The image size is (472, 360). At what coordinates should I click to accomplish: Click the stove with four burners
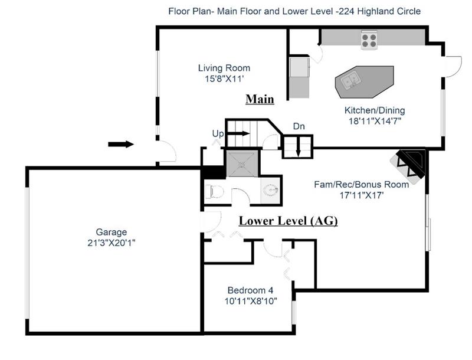pyautogui.click(x=369, y=40)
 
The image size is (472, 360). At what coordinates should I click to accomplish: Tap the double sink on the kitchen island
pyautogui.click(x=351, y=80)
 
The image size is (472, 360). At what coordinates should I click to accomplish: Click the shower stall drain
pyautogui.click(x=242, y=164)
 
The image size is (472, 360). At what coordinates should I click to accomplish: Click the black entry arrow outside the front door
pyautogui.click(x=121, y=144)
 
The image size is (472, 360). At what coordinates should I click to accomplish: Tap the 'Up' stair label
pyautogui.click(x=218, y=133)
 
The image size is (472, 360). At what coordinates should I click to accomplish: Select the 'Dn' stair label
pyautogui.click(x=299, y=126)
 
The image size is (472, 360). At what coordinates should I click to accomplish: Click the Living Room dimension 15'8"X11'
pyautogui.click(x=224, y=79)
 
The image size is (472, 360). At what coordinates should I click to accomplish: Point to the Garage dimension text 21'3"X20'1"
pyautogui.click(x=112, y=243)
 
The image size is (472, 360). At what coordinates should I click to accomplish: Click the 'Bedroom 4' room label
pyautogui.click(x=250, y=290)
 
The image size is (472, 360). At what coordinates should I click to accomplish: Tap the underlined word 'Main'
pyautogui.click(x=260, y=99)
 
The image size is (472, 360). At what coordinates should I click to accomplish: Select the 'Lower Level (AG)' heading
pyautogui.click(x=288, y=221)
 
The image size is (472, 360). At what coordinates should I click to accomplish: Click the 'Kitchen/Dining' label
pyautogui.click(x=375, y=110)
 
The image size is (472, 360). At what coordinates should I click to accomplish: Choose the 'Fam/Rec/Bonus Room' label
pyautogui.click(x=361, y=184)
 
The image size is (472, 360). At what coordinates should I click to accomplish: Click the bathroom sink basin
pyautogui.click(x=270, y=191)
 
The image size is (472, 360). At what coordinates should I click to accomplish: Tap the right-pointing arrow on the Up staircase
pyautogui.click(x=239, y=133)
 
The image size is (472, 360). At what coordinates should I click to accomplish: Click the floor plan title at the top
pyautogui.click(x=294, y=11)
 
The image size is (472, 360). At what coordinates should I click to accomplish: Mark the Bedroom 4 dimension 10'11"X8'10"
pyautogui.click(x=251, y=301)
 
